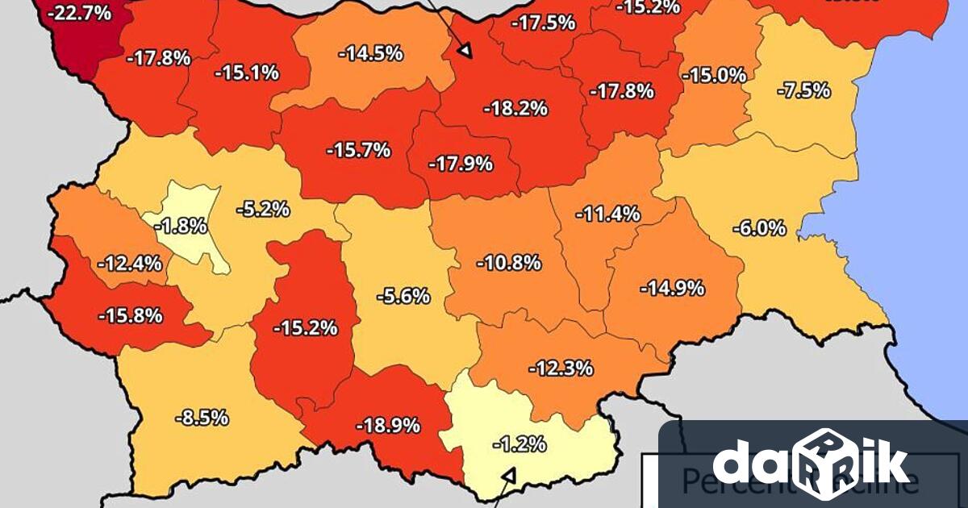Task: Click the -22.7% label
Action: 78,14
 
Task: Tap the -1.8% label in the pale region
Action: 181,227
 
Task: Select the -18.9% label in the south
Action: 388,425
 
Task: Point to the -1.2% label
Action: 519,443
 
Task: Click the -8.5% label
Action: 202,418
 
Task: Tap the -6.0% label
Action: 758,228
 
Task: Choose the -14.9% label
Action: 672,288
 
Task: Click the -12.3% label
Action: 561,369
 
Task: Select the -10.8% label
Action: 508,263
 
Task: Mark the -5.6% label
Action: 403,296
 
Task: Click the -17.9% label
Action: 460,164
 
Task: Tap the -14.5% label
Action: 370,55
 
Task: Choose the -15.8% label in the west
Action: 130,315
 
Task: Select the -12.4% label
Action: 129,263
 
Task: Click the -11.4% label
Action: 607,214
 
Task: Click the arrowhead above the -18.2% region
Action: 465,52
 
